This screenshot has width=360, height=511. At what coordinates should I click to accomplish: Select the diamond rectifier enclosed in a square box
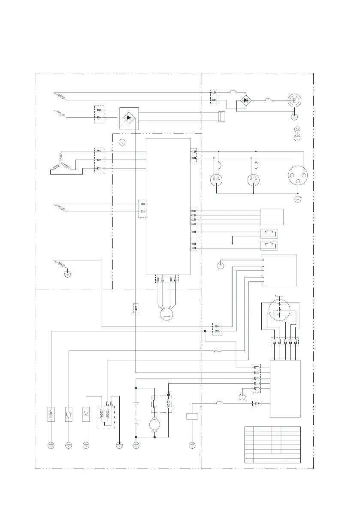[127, 117]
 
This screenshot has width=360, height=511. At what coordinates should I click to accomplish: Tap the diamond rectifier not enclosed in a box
[245, 100]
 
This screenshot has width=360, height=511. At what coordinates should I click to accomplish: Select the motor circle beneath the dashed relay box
[154, 425]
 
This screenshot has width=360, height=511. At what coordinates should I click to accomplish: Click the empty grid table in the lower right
[272, 444]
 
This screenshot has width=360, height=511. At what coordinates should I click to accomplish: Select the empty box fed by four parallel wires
[272, 217]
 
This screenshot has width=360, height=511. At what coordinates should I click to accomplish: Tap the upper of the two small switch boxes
[269, 233]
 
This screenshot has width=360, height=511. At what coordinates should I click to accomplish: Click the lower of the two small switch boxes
[269, 245]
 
